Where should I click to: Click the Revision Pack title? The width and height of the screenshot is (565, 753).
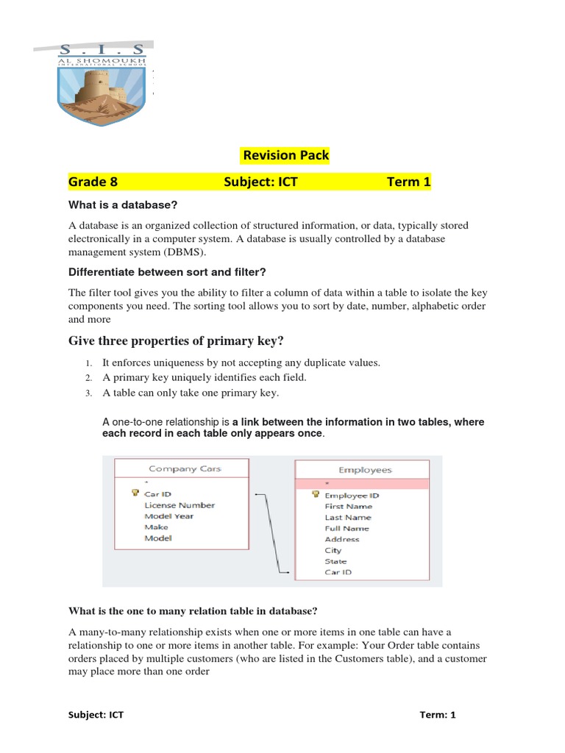(x=285, y=155)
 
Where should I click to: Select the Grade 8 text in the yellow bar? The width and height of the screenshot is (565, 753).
(x=93, y=182)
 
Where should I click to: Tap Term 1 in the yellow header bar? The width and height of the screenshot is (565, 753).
(x=408, y=182)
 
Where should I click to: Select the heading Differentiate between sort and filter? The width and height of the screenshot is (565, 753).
(x=166, y=273)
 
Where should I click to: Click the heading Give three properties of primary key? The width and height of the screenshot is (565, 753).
(x=176, y=340)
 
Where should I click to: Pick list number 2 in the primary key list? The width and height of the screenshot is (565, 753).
(x=87, y=378)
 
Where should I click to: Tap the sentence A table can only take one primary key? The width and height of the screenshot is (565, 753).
(x=191, y=393)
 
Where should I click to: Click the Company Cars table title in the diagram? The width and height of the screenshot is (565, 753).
(x=185, y=468)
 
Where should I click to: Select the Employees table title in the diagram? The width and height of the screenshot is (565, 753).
(x=365, y=470)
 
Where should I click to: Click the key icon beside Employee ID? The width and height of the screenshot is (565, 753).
(x=315, y=495)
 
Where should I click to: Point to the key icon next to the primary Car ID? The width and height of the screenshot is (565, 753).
(x=135, y=493)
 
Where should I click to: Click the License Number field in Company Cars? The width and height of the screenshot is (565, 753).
(x=180, y=505)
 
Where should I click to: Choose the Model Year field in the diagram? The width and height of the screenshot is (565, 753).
(x=169, y=516)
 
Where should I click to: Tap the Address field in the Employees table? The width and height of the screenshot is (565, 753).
(x=342, y=539)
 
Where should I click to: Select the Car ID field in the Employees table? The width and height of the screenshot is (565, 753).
(x=338, y=571)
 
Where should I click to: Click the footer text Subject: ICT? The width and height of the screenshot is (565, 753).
(x=96, y=715)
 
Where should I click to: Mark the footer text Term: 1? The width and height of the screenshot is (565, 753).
(x=438, y=715)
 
